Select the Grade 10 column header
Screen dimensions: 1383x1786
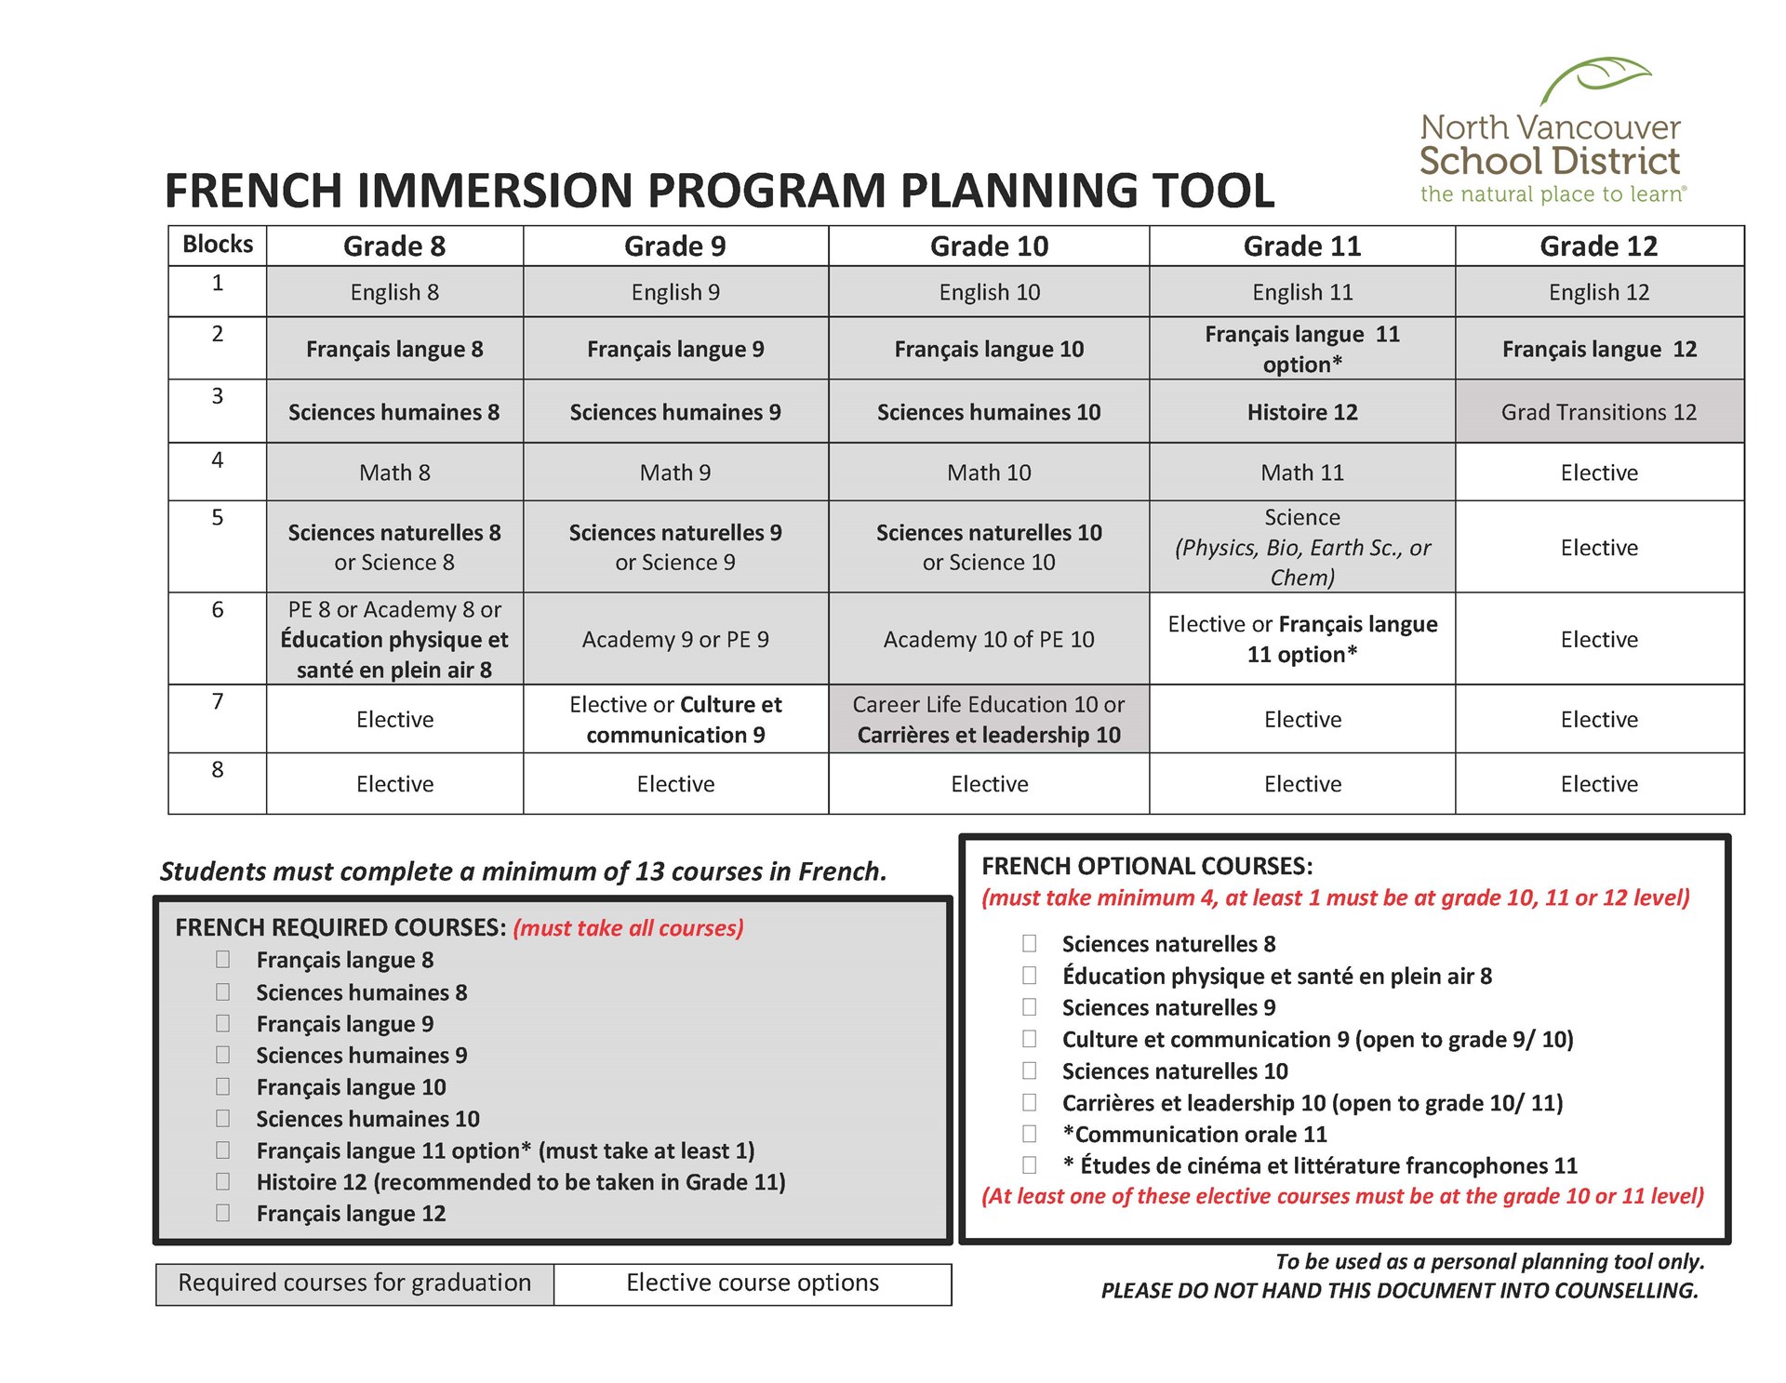(989, 246)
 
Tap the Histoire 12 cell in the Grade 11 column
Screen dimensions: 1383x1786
(1301, 412)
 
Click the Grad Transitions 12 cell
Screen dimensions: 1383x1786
(1598, 412)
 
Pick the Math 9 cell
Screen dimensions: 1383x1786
(675, 472)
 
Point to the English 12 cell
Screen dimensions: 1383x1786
(1598, 292)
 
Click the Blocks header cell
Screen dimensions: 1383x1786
(218, 245)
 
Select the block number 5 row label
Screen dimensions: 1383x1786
(218, 518)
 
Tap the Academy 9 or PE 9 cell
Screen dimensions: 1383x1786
(675, 640)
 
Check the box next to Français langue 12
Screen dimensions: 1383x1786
(223, 1213)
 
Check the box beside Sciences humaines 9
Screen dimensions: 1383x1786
(223, 1055)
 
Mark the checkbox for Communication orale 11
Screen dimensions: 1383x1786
(1030, 1134)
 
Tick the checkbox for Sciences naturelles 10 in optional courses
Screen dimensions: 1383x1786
(1030, 1070)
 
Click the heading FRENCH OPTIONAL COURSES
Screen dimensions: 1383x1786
(1147, 866)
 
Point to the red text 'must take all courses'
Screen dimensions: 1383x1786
(628, 928)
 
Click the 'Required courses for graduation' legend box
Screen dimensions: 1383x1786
(354, 1283)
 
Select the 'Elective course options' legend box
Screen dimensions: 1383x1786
(752, 1283)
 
